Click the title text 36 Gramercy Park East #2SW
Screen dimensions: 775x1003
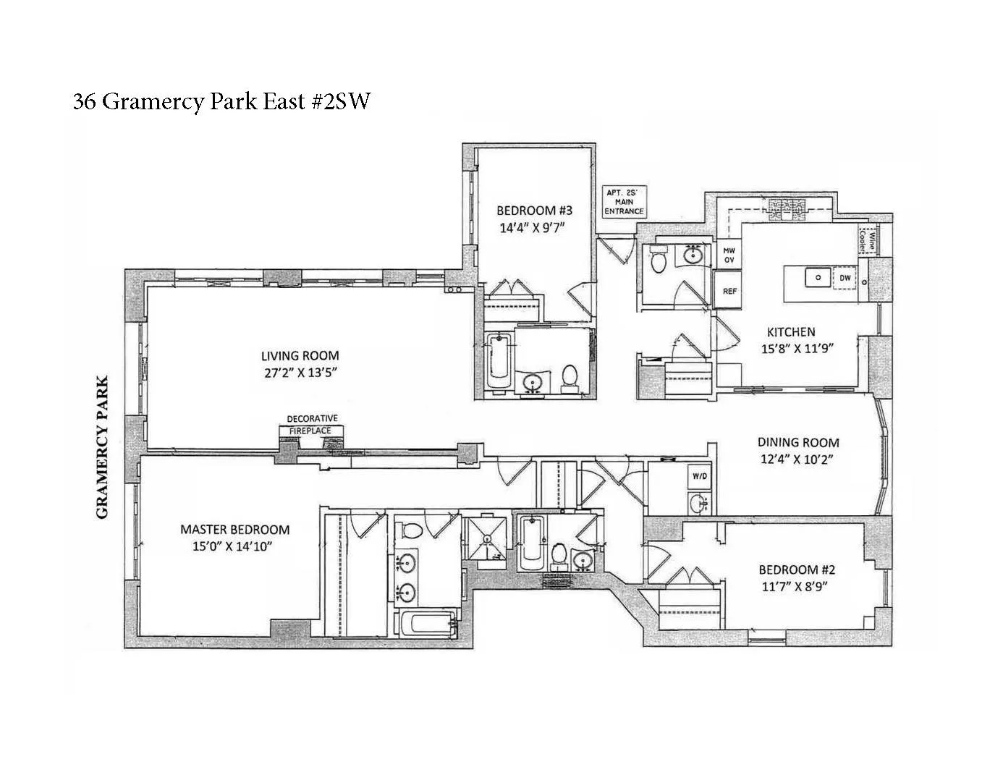point(221,101)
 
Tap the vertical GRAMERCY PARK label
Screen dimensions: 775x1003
point(102,446)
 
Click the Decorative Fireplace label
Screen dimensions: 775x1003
point(311,425)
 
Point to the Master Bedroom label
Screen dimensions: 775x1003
point(234,530)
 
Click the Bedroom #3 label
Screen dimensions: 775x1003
point(533,211)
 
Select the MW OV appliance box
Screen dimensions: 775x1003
point(729,255)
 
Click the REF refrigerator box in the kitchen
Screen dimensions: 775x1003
point(729,291)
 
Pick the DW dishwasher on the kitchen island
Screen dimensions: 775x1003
point(845,278)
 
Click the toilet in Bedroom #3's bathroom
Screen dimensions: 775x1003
point(570,377)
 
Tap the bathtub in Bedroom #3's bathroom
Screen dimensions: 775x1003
point(499,361)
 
